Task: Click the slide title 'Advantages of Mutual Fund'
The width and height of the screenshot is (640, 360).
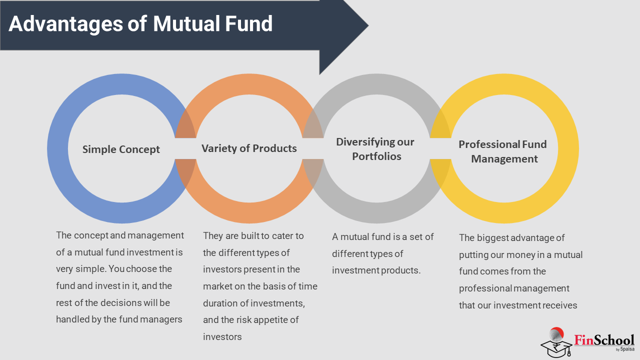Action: tap(140, 23)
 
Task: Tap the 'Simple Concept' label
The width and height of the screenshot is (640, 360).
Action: tap(121, 149)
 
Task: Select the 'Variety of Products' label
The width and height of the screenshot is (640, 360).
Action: tap(249, 148)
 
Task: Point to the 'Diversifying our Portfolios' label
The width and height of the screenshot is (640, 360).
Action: tap(375, 149)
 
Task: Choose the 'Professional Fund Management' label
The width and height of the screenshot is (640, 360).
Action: tap(502, 151)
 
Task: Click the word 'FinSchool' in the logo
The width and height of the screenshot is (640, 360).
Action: tap(604, 340)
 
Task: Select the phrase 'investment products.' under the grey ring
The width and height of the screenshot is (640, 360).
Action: tap(376, 270)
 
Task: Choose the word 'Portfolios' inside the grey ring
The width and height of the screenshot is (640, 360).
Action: tap(376, 156)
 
